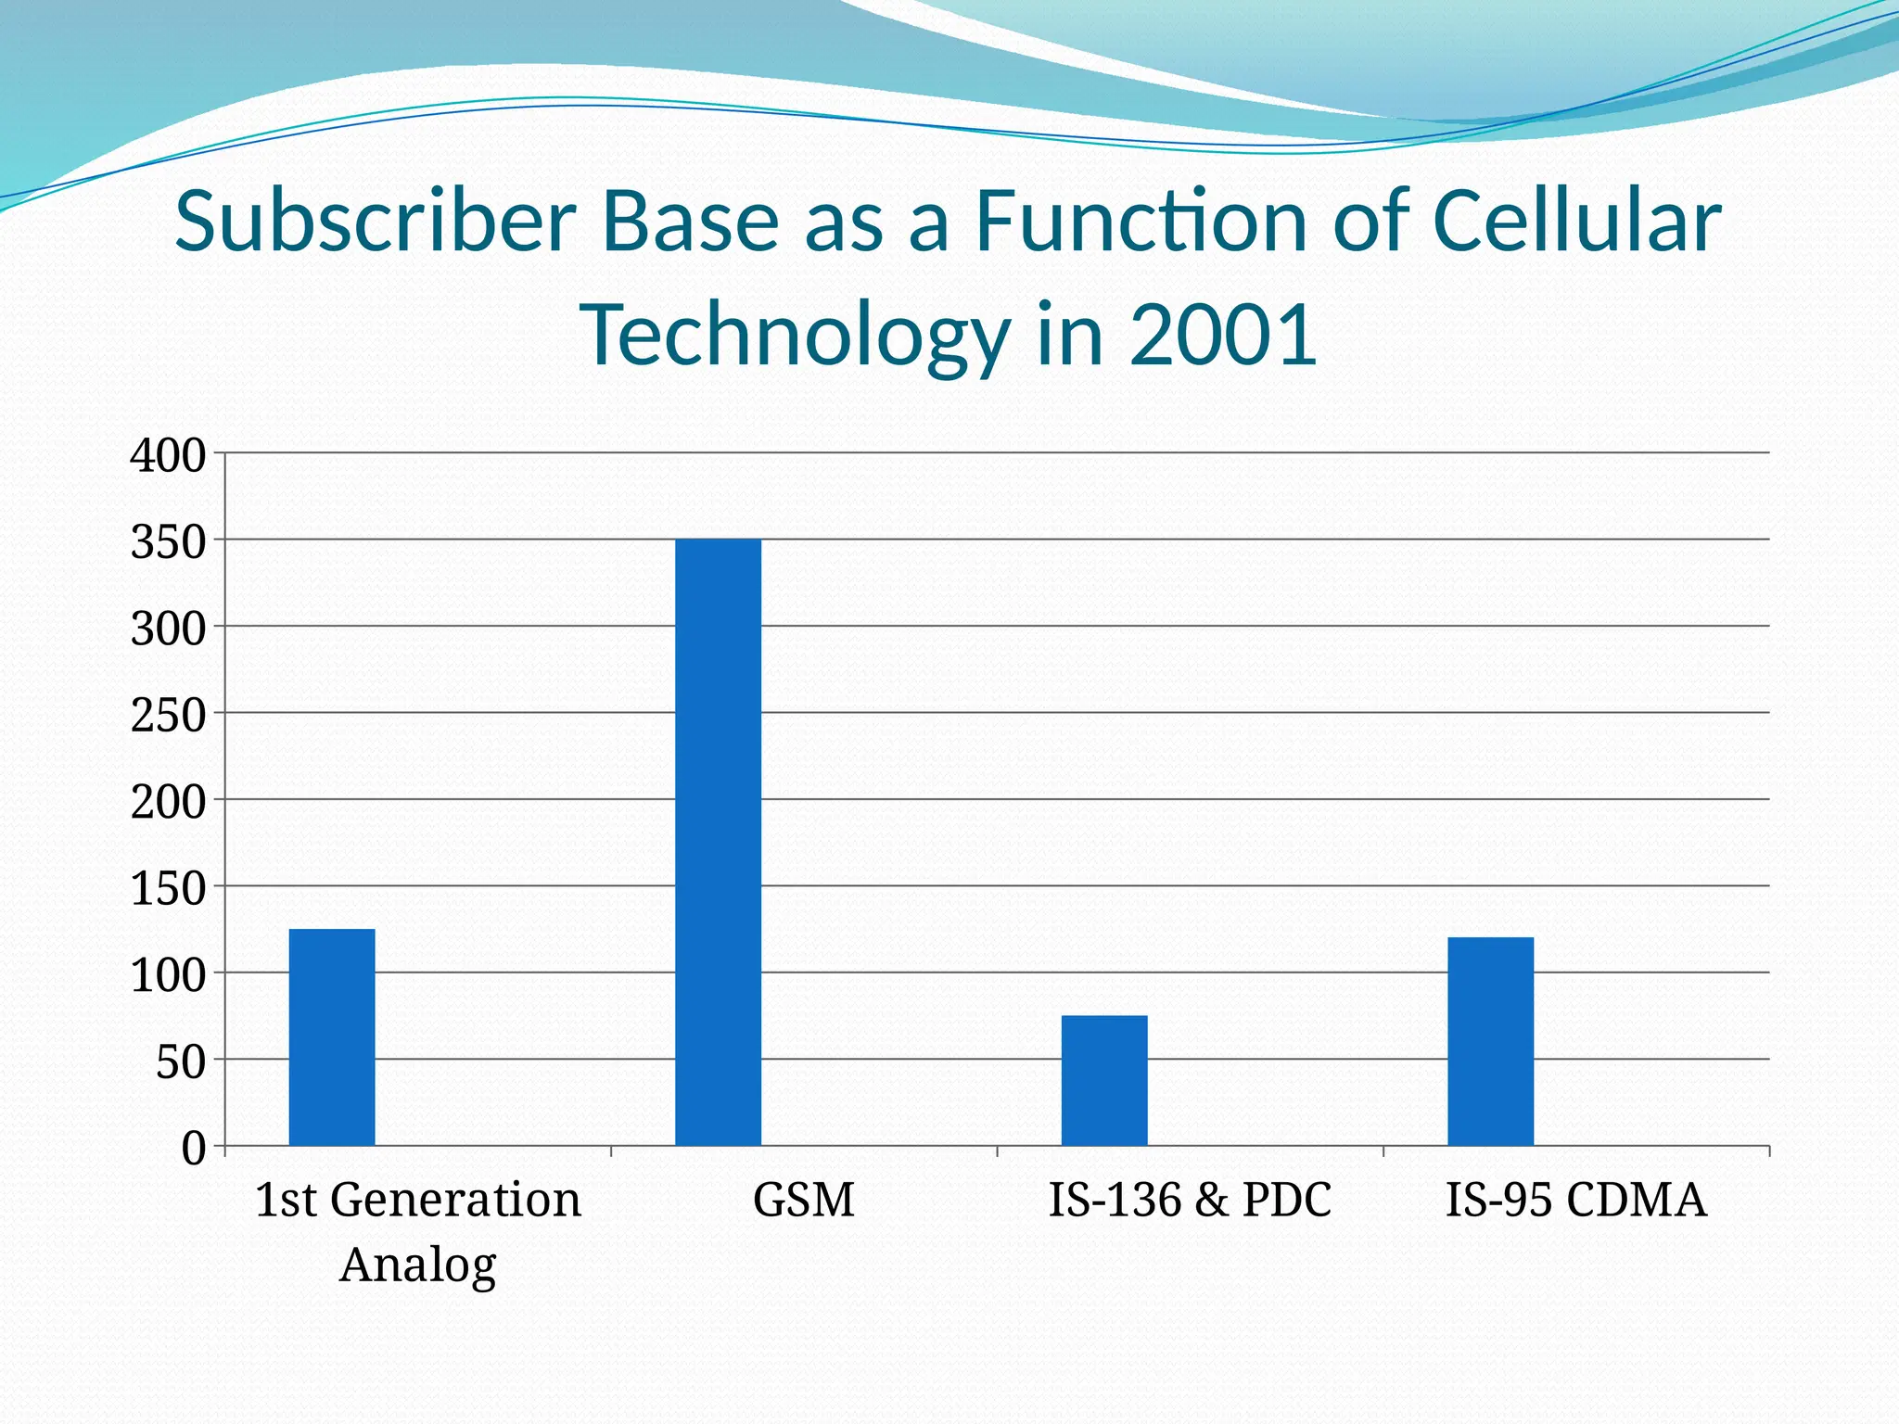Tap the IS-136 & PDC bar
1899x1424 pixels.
1104,1080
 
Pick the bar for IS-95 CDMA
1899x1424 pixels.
1490,1041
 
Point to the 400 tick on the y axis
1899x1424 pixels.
168,456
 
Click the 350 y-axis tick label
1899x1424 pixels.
168,542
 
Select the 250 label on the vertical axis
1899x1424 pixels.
168,716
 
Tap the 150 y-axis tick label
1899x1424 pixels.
168,889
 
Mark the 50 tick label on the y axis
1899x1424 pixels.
180,1062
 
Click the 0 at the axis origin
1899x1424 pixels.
193,1149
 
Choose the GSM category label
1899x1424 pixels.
803,1200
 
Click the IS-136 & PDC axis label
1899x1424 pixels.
1190,1200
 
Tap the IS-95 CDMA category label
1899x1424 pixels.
1575,1200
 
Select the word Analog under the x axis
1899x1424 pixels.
418,1265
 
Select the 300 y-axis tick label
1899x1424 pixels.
168,629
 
